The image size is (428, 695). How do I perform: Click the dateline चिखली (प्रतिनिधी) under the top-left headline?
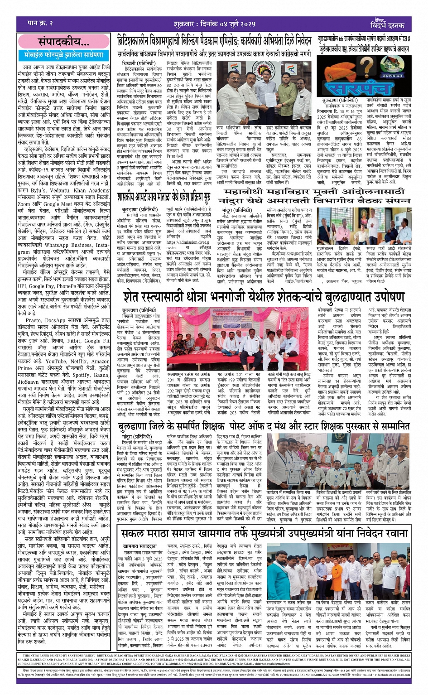coord(135,62)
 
